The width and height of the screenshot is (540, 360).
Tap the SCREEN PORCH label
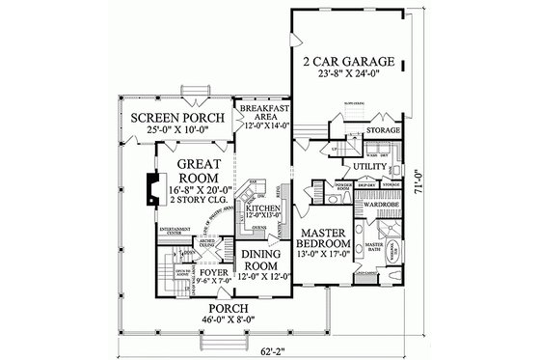175,119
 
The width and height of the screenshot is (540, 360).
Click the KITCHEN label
262,208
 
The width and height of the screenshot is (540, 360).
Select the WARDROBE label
373,205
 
